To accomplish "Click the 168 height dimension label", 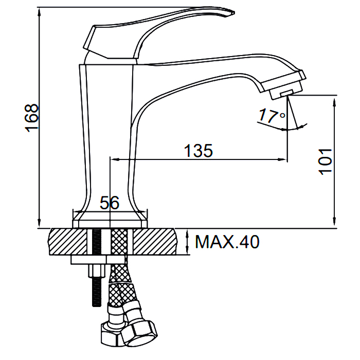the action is tap(31, 118).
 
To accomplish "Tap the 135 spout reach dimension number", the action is tap(199, 151).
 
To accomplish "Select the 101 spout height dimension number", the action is tap(325, 161).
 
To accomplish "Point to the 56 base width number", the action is tap(110, 203).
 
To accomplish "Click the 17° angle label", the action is tap(272, 115).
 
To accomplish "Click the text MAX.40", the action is tap(227, 242).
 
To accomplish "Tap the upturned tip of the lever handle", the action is tap(231, 12).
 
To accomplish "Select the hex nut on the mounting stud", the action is tap(97, 271).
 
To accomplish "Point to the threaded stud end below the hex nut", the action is tap(97, 292).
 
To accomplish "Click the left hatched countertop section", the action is tap(68, 242).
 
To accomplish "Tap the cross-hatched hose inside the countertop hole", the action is tap(119, 242).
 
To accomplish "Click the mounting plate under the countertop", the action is tap(98, 259).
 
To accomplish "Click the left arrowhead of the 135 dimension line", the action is tap(114, 159).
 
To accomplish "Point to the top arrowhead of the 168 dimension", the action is tap(39, 12).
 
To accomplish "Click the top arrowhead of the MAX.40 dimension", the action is tap(188, 234).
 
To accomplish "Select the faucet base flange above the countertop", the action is tap(110, 220).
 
